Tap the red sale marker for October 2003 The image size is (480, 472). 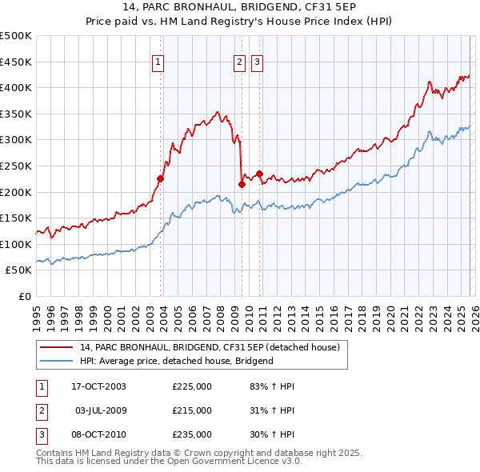(x=161, y=179)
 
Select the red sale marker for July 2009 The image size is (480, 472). (x=242, y=184)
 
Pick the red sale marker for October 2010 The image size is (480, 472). (x=260, y=174)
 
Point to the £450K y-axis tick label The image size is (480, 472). (x=16, y=62)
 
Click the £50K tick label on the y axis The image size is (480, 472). (x=19, y=270)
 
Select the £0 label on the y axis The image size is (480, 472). (x=25, y=297)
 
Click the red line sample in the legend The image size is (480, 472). (x=57, y=347)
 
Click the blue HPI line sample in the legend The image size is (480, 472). (x=57, y=361)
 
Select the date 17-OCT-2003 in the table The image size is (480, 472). (x=98, y=386)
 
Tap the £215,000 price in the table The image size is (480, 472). (x=192, y=410)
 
